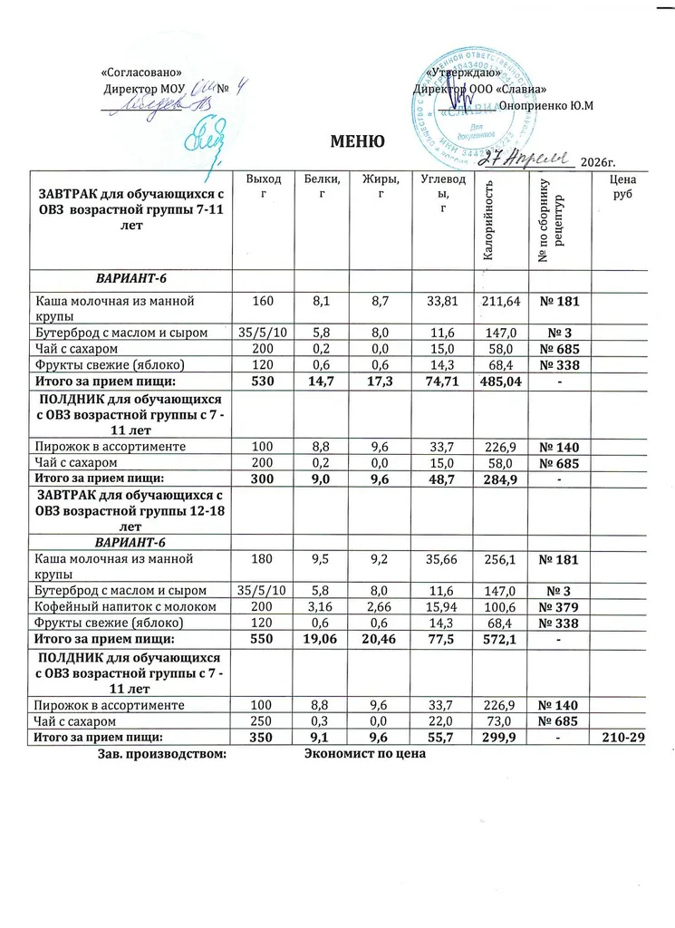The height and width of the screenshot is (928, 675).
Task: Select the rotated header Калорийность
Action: tap(488, 221)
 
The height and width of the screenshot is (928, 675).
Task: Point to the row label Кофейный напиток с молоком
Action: tap(125, 605)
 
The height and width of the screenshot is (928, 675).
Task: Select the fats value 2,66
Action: tap(381, 605)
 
